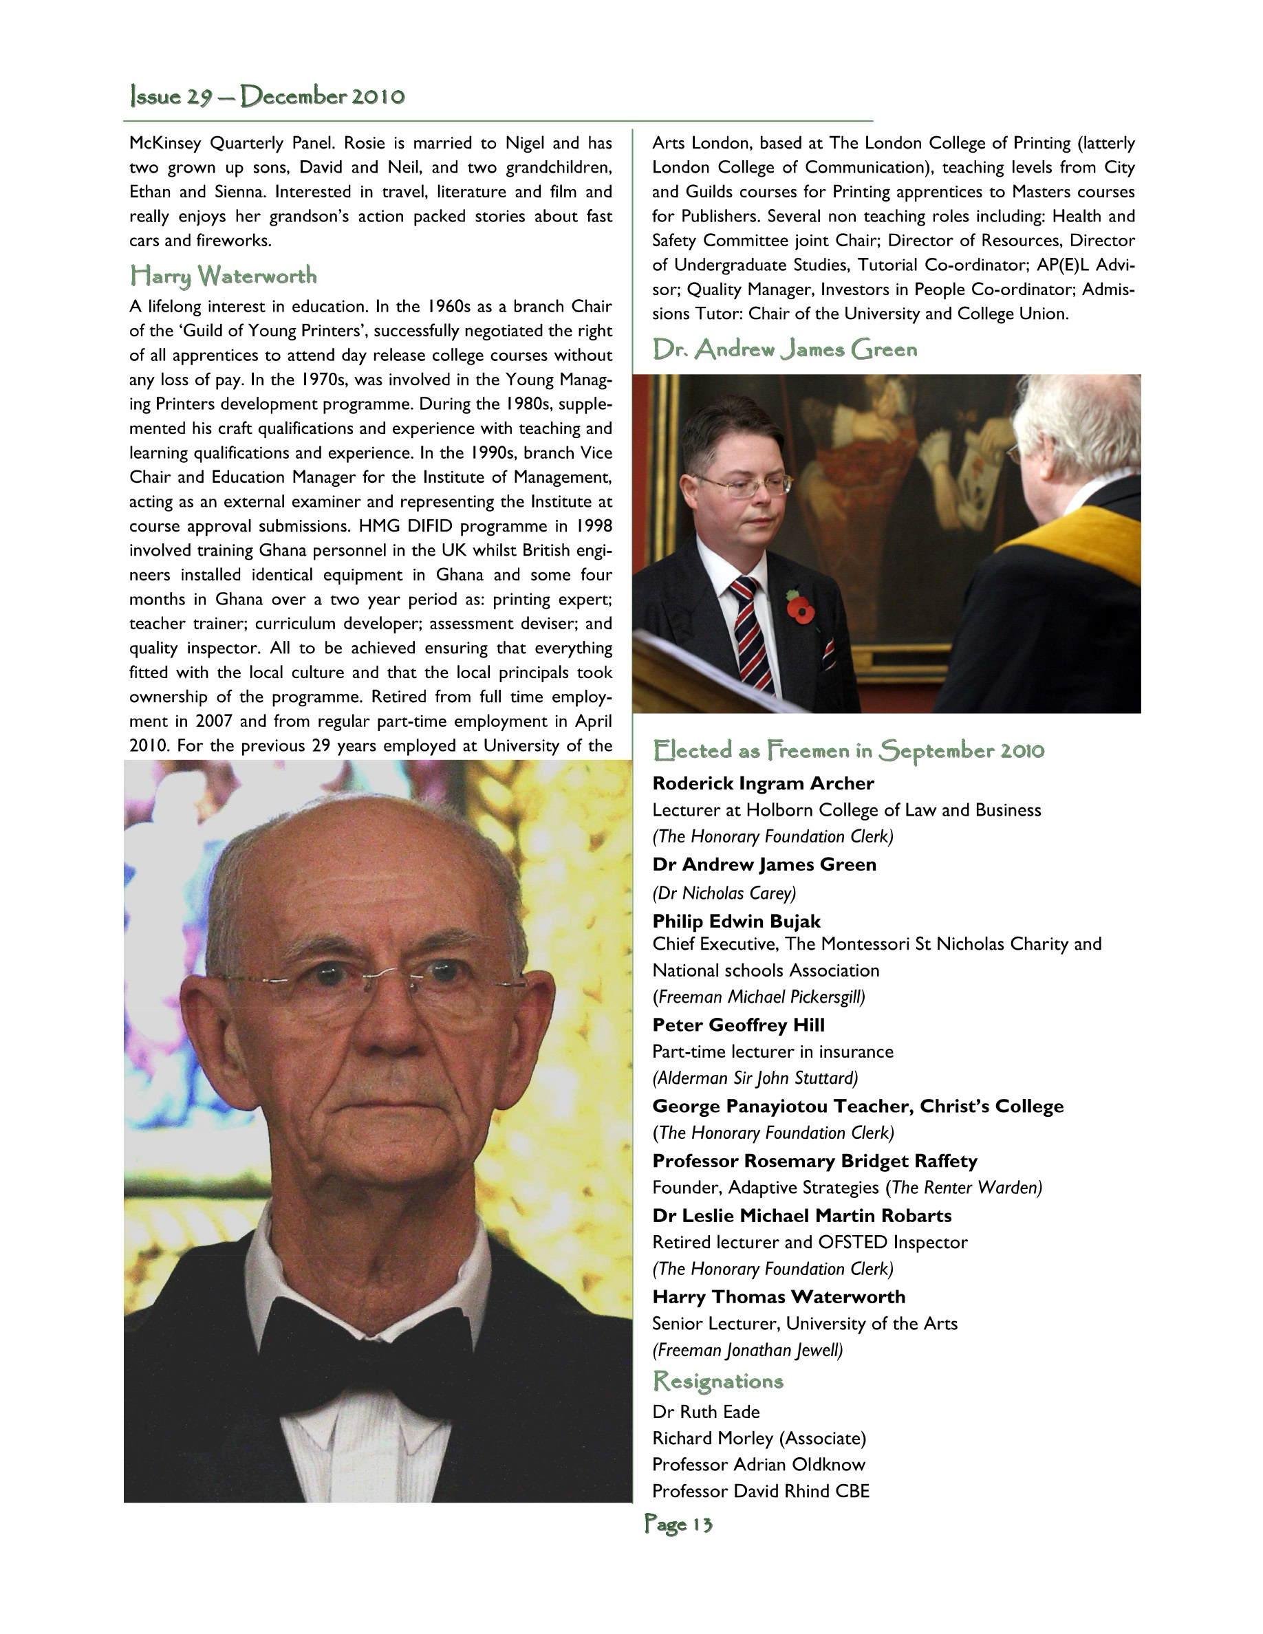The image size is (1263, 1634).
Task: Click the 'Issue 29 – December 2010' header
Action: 267,96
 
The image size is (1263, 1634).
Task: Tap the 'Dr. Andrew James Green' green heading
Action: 784,349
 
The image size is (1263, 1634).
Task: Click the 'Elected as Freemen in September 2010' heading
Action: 848,750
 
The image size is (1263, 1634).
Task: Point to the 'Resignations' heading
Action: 717,1380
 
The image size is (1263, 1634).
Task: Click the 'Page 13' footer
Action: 678,1524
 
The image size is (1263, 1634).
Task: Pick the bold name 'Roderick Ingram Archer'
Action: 762,783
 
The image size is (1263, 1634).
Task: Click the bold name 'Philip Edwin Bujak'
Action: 736,921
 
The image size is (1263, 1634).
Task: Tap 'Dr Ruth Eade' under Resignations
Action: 706,1412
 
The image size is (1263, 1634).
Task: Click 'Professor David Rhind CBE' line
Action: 760,1491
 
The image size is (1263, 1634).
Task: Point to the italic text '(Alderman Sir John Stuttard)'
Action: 754,1078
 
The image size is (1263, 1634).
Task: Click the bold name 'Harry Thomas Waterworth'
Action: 778,1296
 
